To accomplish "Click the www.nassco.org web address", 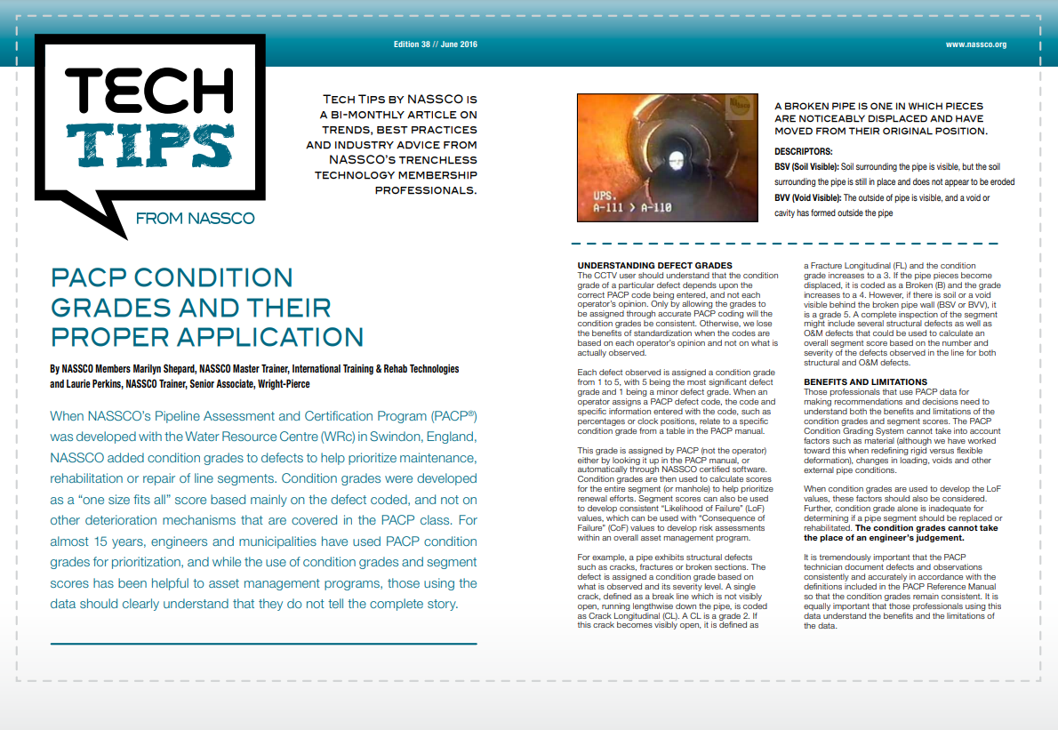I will [x=975, y=44].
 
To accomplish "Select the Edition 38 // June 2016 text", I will [x=436, y=44].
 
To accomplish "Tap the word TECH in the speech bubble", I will [x=148, y=87].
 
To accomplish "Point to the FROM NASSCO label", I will [x=195, y=218].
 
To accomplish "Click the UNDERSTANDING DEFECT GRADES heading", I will [x=654, y=265].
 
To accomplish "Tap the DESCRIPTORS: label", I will [x=804, y=152].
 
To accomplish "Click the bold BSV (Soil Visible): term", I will [x=806, y=166].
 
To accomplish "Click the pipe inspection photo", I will [x=664, y=156].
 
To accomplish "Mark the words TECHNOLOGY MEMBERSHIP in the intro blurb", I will [x=397, y=174].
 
